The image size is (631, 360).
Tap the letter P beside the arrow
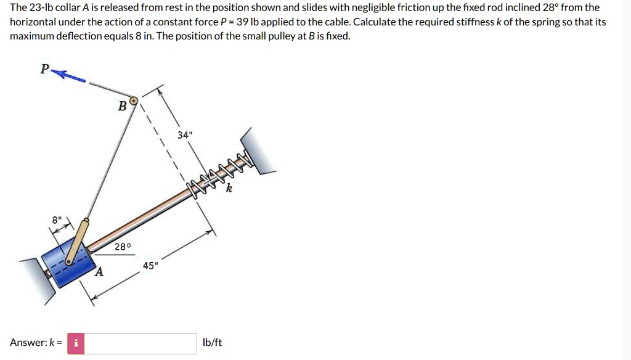point(44,69)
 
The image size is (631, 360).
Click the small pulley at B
point(134,100)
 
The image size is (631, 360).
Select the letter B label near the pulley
point(123,106)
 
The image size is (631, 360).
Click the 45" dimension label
point(150,265)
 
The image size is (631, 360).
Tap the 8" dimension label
point(57,220)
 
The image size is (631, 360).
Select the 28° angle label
point(123,247)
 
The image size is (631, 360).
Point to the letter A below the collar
point(99,272)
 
